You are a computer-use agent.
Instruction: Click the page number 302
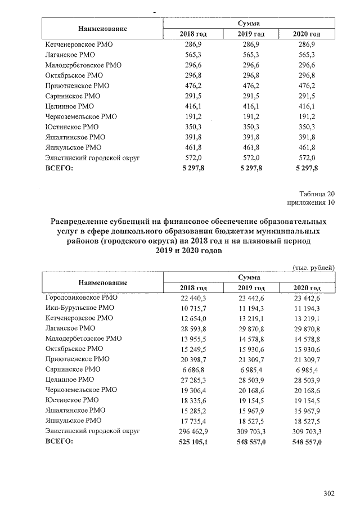click(329, 494)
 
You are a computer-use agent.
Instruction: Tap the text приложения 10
click(311, 202)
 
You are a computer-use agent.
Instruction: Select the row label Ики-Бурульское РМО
click(79, 308)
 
